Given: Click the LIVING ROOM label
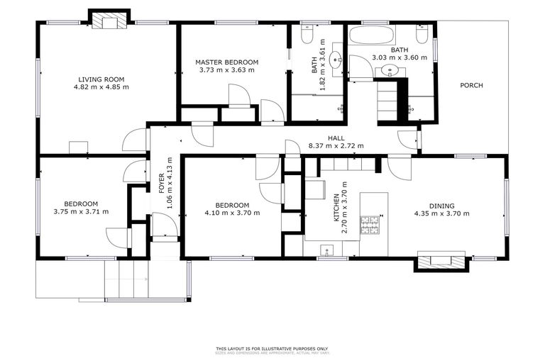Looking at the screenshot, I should pyautogui.click(x=101, y=79).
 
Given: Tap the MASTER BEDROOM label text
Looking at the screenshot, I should pyautogui.click(x=226, y=62).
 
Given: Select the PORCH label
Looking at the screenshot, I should pyautogui.click(x=471, y=86).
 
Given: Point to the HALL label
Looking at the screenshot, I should pyautogui.click(x=336, y=138).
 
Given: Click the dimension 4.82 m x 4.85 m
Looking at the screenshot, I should pyautogui.click(x=101, y=87).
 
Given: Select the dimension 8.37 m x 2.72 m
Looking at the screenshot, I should pyautogui.click(x=336, y=146).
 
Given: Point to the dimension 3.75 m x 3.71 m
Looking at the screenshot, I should pyautogui.click(x=81, y=211).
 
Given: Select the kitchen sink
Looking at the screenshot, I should pyautogui.click(x=327, y=249).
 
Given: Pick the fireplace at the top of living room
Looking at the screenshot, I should pyautogui.click(x=109, y=21).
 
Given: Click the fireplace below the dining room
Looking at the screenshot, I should pyautogui.click(x=441, y=262).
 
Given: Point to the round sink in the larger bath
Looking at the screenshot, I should pyautogui.click(x=389, y=69).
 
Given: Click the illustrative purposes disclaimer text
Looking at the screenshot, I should pyautogui.click(x=272, y=349).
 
